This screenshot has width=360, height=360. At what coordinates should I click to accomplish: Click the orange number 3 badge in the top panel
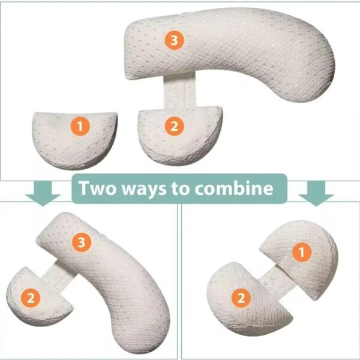pyautogui.click(x=174, y=40)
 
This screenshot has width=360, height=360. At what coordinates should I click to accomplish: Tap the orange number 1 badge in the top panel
pyautogui.click(x=80, y=126)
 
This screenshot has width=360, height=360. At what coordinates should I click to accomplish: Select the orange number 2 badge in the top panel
pyautogui.click(x=173, y=126)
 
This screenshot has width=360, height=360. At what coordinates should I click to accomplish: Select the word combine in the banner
pyautogui.click(x=240, y=189)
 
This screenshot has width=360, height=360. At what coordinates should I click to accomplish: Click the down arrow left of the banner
pyautogui.click(x=44, y=191)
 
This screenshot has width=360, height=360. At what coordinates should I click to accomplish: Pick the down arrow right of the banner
pyautogui.click(x=316, y=191)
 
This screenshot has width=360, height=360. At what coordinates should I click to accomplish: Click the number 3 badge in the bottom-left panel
pyautogui.click(x=81, y=242)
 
